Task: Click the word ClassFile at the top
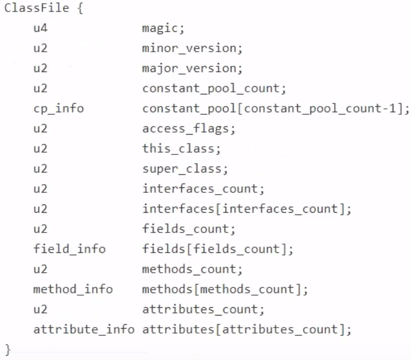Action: click(37, 9)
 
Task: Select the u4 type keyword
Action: click(40, 29)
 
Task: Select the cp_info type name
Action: click(58, 108)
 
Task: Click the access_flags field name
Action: click(188, 129)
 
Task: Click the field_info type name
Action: click(69, 249)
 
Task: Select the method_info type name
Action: click(73, 289)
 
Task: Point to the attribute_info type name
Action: click(84, 329)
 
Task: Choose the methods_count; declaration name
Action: click(192, 269)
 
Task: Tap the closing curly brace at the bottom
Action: click(8, 350)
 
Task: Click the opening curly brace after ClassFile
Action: click(80, 9)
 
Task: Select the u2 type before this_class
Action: click(40, 148)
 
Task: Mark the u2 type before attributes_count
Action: click(40, 309)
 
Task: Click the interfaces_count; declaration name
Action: click(203, 189)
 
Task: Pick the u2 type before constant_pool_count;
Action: click(40, 88)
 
